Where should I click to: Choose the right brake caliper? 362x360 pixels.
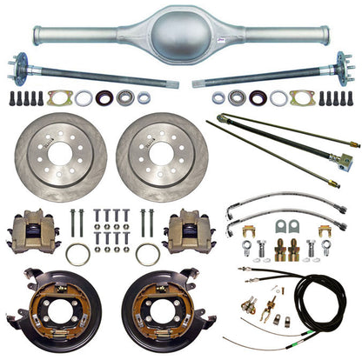point(187,231)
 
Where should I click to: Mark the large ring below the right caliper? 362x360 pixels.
point(147,254)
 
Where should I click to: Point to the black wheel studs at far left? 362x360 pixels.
point(25,97)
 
